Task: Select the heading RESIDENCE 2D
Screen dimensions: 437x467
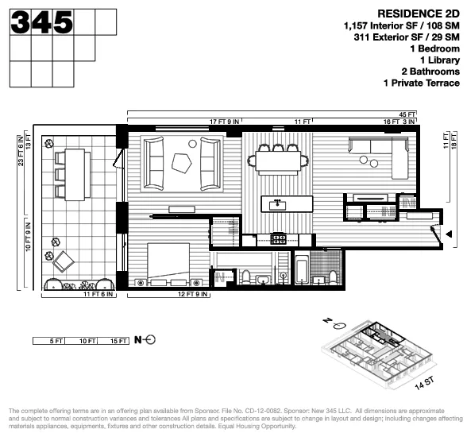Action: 420,14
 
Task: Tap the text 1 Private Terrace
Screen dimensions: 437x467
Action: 421,83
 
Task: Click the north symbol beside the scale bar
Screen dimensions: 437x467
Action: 145,341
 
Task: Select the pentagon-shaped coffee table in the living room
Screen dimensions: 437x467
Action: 183,164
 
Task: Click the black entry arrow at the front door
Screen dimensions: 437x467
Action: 450,234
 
